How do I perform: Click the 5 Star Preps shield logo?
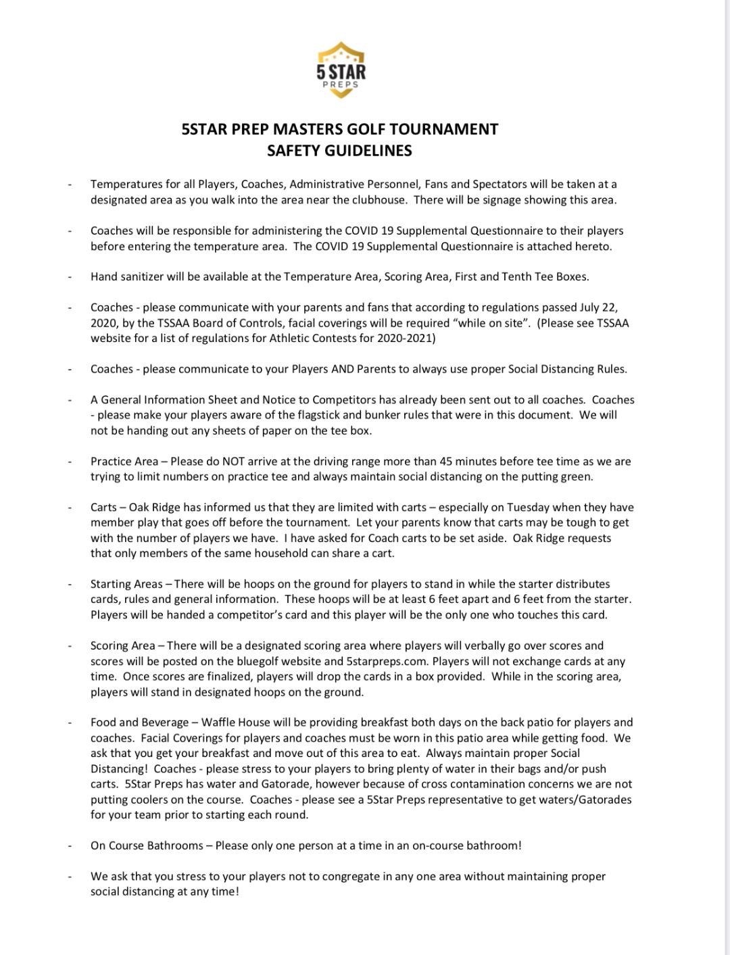point(341,70)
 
